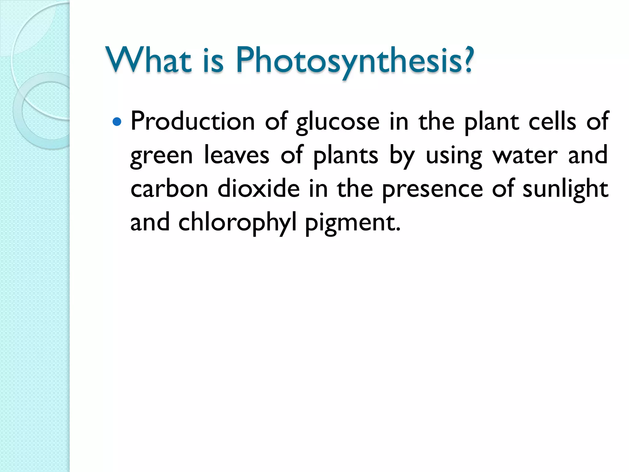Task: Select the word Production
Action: (193, 122)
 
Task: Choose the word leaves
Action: (236, 155)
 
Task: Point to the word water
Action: (525, 155)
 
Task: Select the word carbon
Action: (169, 189)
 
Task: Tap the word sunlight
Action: (565, 189)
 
